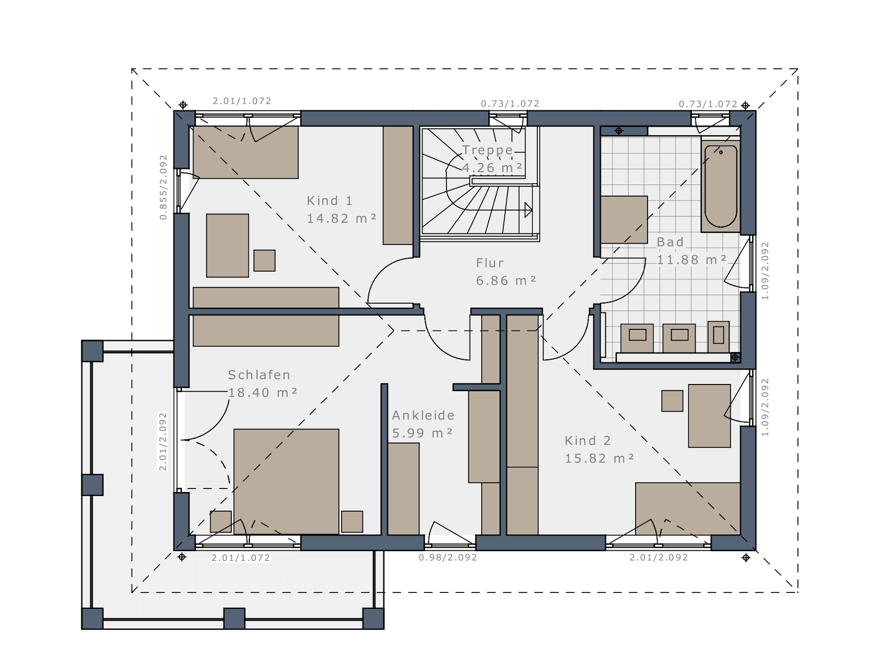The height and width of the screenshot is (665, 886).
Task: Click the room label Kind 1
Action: (x=330, y=201)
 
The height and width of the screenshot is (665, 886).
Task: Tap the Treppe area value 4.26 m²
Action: (x=492, y=168)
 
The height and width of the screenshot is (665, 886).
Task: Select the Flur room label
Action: (x=490, y=263)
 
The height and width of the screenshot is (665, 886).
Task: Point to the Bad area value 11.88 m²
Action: (x=691, y=260)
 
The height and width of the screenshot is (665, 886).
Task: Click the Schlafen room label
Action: (x=259, y=375)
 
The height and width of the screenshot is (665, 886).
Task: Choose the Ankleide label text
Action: (x=423, y=415)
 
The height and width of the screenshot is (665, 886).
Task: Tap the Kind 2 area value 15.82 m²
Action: (x=599, y=458)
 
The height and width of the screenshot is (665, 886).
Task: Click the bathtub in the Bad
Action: (x=721, y=186)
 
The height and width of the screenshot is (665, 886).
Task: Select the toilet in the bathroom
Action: (x=719, y=337)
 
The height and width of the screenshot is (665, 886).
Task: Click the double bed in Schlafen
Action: (x=286, y=482)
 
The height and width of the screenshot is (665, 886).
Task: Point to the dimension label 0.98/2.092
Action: (x=448, y=557)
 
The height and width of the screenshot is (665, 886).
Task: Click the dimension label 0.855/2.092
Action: (x=163, y=187)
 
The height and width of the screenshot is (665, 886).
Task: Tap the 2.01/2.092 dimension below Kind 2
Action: (x=659, y=557)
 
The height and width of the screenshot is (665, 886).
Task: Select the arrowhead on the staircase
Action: (x=529, y=210)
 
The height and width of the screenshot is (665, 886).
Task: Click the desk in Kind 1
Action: (x=228, y=246)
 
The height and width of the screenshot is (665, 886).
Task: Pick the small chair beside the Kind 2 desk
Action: (x=672, y=400)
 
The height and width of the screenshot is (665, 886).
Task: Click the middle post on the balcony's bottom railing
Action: (x=234, y=618)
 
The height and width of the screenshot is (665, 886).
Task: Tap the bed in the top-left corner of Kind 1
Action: (x=246, y=152)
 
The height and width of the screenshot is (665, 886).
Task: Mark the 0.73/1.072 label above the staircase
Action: (x=510, y=104)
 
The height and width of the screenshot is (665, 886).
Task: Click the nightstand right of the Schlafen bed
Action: (x=352, y=521)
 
